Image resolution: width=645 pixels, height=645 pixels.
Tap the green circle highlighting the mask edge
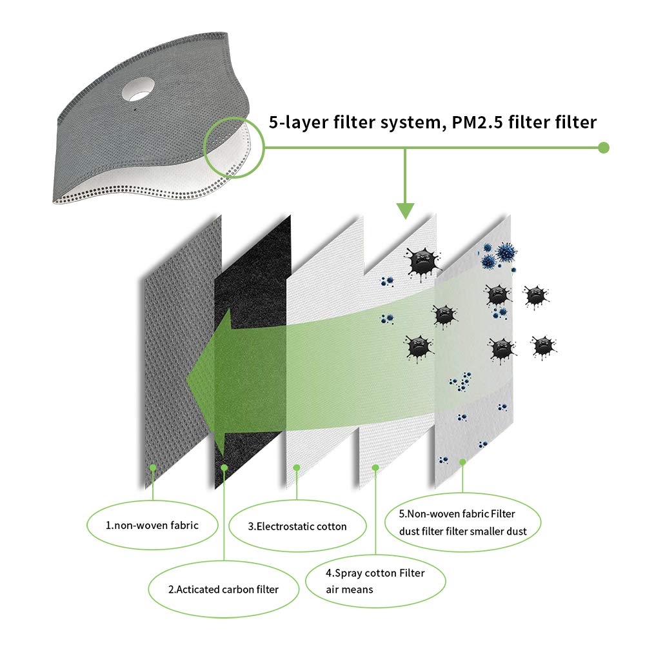tap(233, 146)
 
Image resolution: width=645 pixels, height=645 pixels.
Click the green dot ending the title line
tap(604, 148)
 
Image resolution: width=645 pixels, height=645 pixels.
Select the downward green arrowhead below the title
tap(405, 210)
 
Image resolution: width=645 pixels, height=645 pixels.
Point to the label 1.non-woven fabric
tap(152, 525)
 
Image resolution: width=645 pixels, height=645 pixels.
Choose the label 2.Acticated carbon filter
tap(223, 589)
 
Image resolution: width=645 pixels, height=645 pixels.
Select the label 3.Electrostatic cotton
tap(297, 526)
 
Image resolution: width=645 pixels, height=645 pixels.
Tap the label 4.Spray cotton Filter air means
tap(376, 580)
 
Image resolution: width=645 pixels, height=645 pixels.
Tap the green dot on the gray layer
tap(153, 466)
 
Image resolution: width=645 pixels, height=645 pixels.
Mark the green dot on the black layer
tap(224, 466)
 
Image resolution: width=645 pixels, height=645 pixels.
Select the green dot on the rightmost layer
tap(462, 461)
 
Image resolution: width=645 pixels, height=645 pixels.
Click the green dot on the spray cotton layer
tap(375, 466)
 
